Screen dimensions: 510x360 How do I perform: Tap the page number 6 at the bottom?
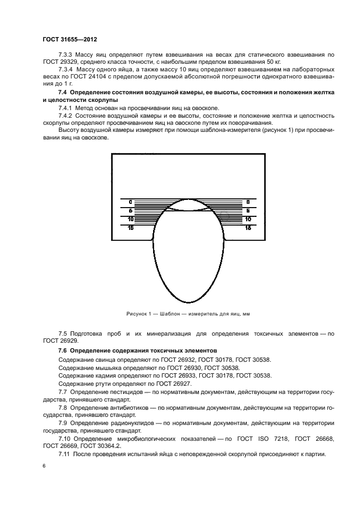(44, 467)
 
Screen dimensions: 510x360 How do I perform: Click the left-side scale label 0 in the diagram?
(131, 202)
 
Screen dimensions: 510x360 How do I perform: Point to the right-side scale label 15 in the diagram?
(248, 228)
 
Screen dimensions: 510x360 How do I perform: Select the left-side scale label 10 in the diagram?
(131, 219)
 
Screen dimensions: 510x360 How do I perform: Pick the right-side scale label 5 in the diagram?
(248, 210)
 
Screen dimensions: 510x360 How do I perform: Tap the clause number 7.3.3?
(66, 56)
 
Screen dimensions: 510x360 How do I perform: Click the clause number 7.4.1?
(66, 110)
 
